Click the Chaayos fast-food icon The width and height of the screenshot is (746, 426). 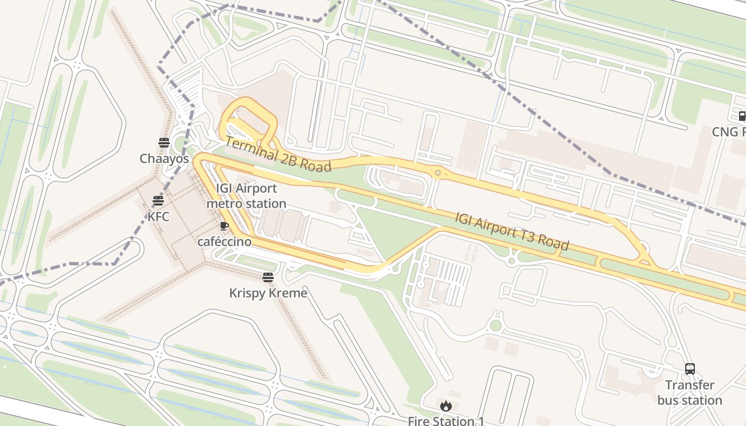pos(164,142)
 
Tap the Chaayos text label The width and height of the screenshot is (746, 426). pos(164,159)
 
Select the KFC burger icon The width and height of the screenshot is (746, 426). pos(158,201)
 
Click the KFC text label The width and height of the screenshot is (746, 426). pos(158,217)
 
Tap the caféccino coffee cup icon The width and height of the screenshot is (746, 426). pos(224,226)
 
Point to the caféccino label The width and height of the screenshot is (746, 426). pos(224,242)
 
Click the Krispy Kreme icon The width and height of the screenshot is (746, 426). pos(268,277)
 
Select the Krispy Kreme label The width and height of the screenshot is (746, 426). pos(268,293)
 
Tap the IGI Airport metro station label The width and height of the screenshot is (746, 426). pos(246,196)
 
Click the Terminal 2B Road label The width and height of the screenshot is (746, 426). pos(278,155)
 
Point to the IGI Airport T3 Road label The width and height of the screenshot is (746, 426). pos(512,232)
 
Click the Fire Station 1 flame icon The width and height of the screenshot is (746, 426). pos(446,406)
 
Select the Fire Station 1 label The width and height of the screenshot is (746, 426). pos(446,421)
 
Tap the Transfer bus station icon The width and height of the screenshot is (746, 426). pos(690,368)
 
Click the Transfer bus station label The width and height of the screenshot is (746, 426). pos(690,392)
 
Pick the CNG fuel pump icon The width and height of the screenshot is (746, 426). pos(741,116)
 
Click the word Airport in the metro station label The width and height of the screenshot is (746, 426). pos(256,189)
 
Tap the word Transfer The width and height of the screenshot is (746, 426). pos(690,385)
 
